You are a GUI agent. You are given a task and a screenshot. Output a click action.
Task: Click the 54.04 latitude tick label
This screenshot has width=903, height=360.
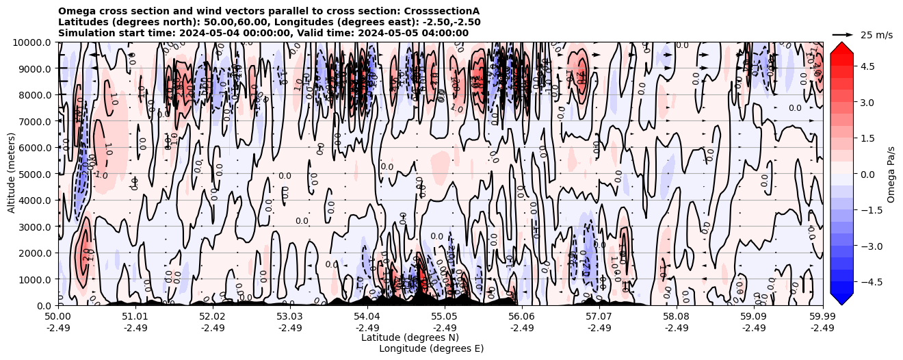coord(367,317)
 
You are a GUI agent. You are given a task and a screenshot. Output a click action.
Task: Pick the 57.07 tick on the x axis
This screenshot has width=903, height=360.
coord(599,317)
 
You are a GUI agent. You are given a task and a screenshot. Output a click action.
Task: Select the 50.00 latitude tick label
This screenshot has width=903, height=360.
coord(58,317)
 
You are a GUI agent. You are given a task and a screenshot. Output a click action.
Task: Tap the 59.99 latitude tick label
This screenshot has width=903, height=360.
coord(822,317)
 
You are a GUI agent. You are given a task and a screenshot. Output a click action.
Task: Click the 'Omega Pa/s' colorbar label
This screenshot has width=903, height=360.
coord(891,174)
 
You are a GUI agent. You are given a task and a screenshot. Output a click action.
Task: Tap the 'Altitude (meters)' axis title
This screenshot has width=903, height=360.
coord(12,174)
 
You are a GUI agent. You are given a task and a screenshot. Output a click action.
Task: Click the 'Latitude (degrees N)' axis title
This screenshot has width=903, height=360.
coord(410,337)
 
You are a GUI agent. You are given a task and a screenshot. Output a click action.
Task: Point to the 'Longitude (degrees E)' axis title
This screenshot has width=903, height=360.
coord(431,348)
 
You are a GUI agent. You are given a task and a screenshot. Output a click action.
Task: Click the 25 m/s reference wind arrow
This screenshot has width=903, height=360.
coord(843,34)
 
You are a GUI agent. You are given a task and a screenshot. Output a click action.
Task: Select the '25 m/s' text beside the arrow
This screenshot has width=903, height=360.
coord(876,35)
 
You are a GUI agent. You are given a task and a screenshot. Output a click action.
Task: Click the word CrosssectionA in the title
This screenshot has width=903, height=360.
coord(443,11)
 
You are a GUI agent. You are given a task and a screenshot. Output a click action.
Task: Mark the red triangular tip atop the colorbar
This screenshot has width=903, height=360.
coord(842,47)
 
